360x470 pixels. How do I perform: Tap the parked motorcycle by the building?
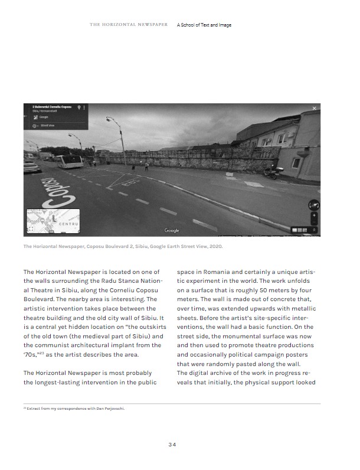[271, 172]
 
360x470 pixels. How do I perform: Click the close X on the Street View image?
[314, 109]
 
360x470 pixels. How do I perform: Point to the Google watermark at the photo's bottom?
[172, 230]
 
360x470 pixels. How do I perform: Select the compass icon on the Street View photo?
[313, 204]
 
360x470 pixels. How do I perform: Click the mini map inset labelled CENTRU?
[53, 220]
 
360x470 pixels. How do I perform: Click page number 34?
[172, 445]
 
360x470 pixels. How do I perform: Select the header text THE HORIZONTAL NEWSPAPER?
[129, 25]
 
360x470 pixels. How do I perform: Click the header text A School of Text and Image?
[204, 25]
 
